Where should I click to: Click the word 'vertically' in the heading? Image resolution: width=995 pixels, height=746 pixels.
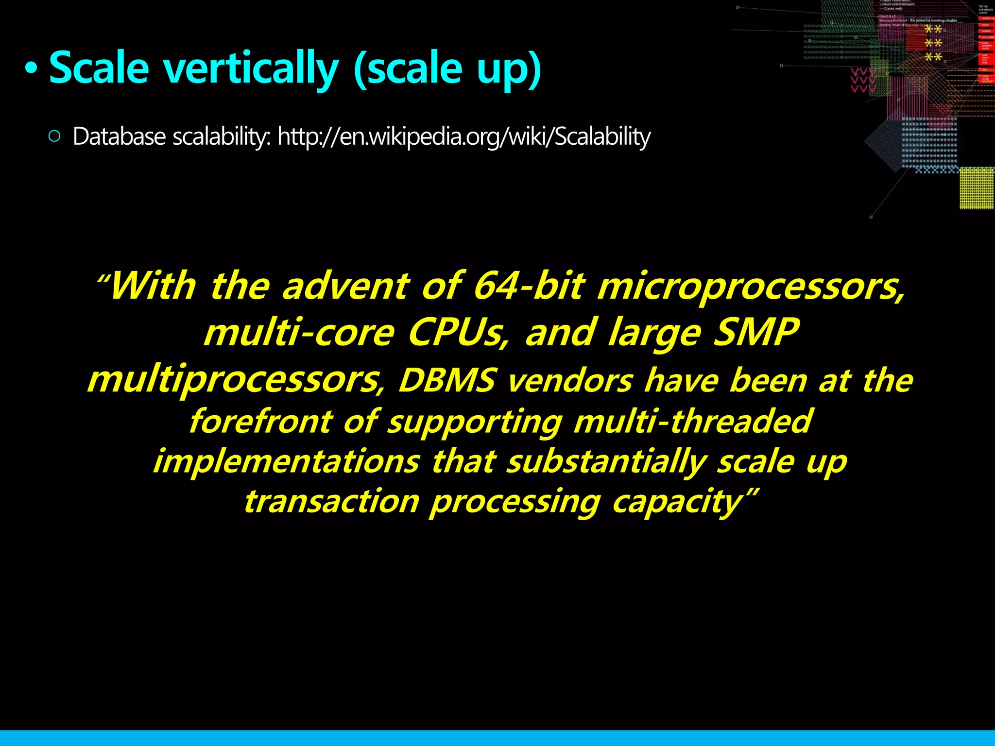click(x=250, y=68)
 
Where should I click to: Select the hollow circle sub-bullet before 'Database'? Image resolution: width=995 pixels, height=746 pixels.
click(x=54, y=136)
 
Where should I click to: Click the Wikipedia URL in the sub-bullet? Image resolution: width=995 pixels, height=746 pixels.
click(x=463, y=136)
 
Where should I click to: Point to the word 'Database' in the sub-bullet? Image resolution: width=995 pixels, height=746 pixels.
click(x=119, y=136)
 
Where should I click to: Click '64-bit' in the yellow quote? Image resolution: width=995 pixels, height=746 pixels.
click(x=529, y=286)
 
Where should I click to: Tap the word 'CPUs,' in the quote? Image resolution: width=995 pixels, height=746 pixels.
click(x=459, y=333)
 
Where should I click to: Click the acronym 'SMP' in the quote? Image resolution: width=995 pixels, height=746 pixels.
click(x=755, y=333)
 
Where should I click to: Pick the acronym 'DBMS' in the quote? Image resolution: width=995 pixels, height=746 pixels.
click(x=447, y=380)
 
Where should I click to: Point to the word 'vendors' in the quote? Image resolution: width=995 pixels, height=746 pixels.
click(x=570, y=380)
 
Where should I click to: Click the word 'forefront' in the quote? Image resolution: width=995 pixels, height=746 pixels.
click(x=260, y=421)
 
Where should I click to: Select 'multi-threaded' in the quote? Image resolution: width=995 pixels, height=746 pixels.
click(x=692, y=421)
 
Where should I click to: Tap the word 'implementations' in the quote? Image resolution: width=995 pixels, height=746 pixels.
click(x=287, y=461)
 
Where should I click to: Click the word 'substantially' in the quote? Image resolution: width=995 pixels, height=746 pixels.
click(x=606, y=461)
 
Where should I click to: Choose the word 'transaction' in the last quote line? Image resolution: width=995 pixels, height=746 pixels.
click(x=331, y=501)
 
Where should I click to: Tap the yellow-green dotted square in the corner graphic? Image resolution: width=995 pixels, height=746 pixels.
click(x=977, y=188)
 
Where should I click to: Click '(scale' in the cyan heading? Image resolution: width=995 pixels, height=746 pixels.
click(x=408, y=68)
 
